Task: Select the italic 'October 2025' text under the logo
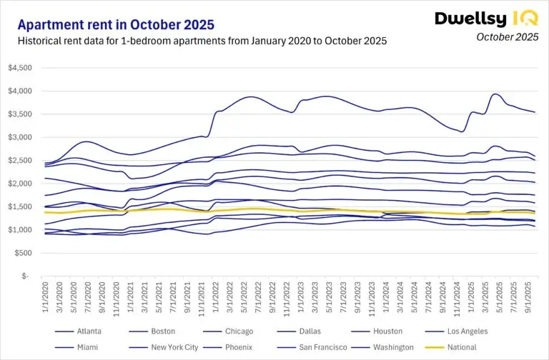click(507, 36)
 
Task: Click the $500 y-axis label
click(29, 253)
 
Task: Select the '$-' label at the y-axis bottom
click(32, 276)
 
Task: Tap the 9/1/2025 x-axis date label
click(528, 296)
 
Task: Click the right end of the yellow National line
click(535, 212)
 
